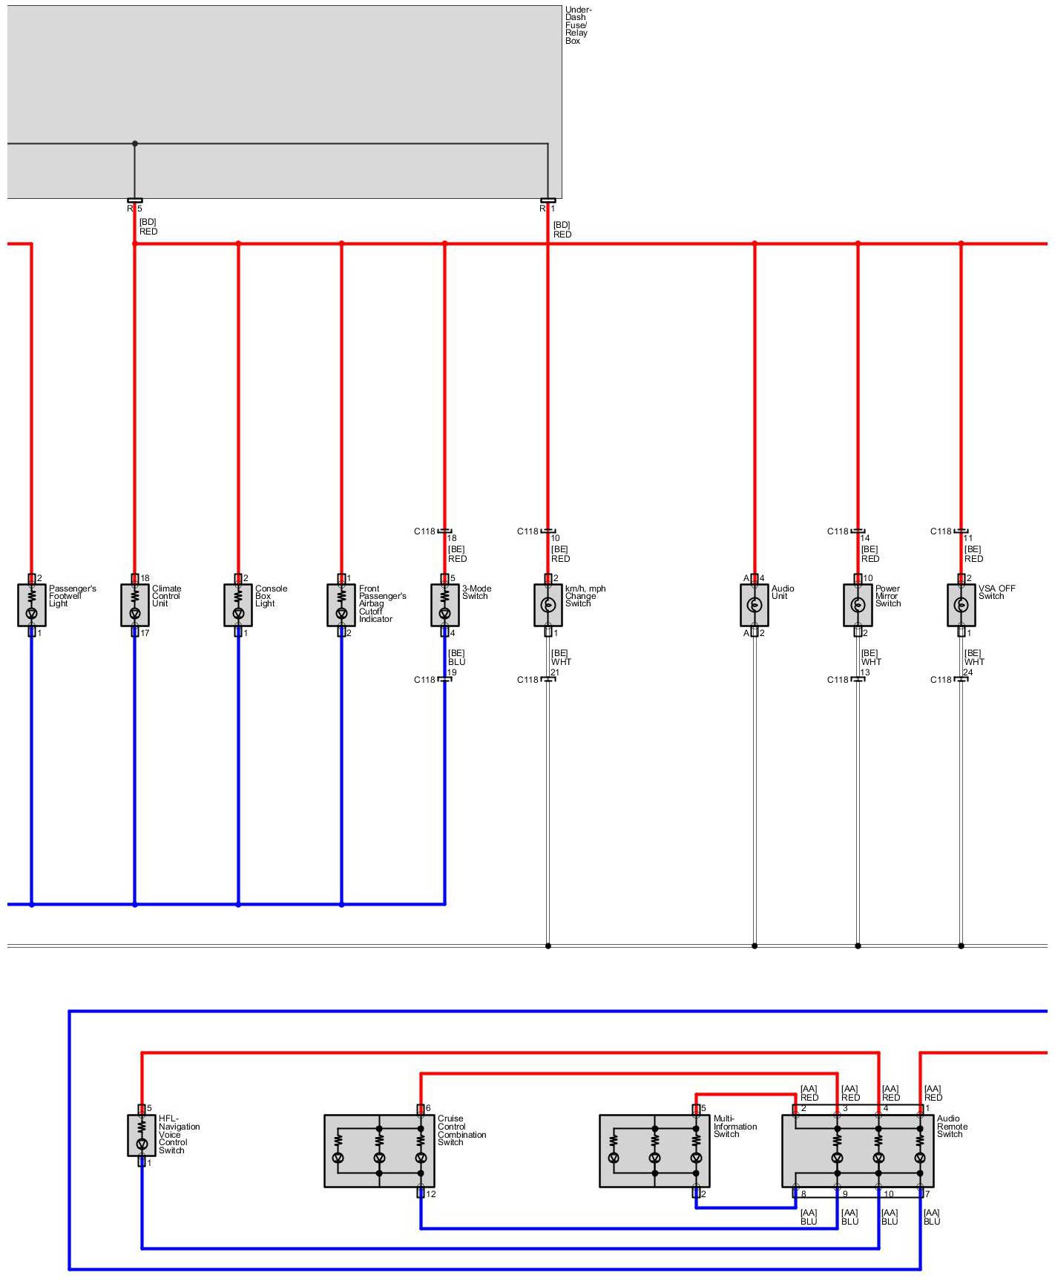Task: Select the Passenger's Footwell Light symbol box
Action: (x=32, y=605)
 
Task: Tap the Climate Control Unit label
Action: (x=166, y=596)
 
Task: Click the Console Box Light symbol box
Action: (x=238, y=605)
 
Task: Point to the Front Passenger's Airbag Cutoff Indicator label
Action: (x=381, y=603)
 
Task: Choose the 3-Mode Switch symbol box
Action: (x=445, y=605)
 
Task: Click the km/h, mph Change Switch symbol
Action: (x=548, y=605)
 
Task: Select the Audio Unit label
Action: (x=782, y=592)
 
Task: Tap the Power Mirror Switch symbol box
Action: (x=858, y=605)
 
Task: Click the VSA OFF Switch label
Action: (x=996, y=592)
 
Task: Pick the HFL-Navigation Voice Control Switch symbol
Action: (x=142, y=1135)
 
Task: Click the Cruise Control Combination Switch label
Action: (x=461, y=1130)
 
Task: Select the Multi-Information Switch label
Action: (x=734, y=1126)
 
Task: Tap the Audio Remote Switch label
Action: (x=952, y=1126)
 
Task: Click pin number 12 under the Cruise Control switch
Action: (x=431, y=1194)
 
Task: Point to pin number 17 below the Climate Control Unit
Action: (x=145, y=633)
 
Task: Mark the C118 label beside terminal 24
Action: (x=941, y=680)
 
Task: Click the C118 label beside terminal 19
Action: (x=424, y=680)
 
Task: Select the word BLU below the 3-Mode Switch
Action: (x=456, y=662)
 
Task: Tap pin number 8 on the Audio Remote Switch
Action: (x=803, y=1194)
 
